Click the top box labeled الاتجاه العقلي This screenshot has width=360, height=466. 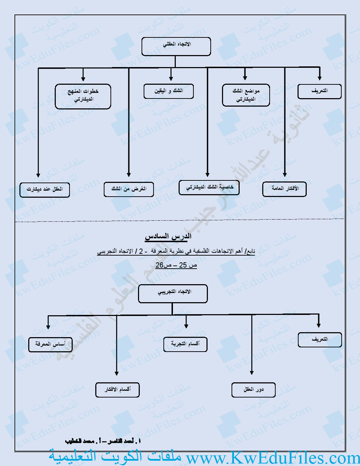(x=176, y=47)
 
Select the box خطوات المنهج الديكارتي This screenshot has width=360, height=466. (x=83, y=96)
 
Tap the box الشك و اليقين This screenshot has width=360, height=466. (x=169, y=91)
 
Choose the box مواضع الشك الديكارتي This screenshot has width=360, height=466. (x=246, y=95)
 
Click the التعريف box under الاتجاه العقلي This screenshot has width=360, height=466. (x=319, y=91)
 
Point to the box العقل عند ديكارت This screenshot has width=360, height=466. (x=44, y=190)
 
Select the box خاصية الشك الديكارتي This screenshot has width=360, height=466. (x=209, y=187)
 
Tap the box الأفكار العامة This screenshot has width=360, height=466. (x=284, y=189)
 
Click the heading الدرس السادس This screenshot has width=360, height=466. (x=168, y=236)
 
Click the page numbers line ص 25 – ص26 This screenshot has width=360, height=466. (x=176, y=265)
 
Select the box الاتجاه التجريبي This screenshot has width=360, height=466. (x=173, y=294)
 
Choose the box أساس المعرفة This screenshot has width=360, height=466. (x=50, y=344)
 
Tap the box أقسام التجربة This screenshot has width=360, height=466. (x=185, y=344)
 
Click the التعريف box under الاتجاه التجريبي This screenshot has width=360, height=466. (x=320, y=340)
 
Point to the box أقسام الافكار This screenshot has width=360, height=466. (x=118, y=390)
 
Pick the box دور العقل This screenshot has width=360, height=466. (x=253, y=390)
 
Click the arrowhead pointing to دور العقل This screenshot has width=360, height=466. (x=252, y=372)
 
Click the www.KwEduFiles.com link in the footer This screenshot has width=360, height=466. (x=272, y=458)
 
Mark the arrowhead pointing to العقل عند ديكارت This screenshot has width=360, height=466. (x=38, y=175)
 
